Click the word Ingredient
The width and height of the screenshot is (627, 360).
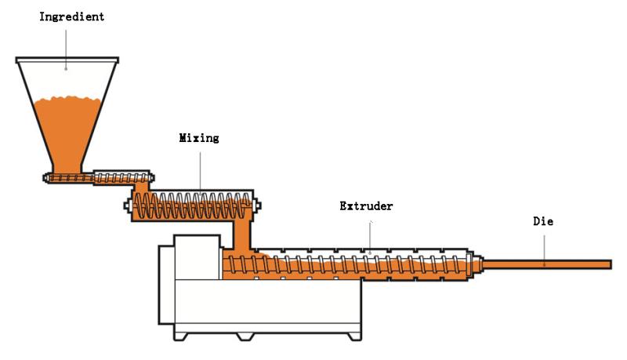[71, 16]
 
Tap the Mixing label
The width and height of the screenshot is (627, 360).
[199, 138]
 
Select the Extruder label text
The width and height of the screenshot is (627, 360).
[366, 206]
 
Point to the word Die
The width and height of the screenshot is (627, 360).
[543, 221]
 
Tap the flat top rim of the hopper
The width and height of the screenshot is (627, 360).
[67, 60]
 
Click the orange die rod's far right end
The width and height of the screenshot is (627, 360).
[611, 264]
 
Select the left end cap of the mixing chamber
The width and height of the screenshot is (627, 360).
[127, 205]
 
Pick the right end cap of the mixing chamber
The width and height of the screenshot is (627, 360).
[258, 205]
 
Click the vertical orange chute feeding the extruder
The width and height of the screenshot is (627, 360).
[242, 234]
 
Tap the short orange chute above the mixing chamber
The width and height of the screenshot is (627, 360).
[141, 187]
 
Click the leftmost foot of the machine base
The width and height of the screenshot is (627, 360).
[180, 336]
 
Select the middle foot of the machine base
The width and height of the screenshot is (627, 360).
[245, 336]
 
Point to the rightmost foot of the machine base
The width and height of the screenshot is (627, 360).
[354, 336]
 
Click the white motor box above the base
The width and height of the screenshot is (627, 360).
[198, 256]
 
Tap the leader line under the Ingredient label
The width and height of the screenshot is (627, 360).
[66, 49]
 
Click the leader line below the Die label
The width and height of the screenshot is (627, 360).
[544, 250]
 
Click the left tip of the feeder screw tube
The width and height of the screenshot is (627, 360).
[45, 177]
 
